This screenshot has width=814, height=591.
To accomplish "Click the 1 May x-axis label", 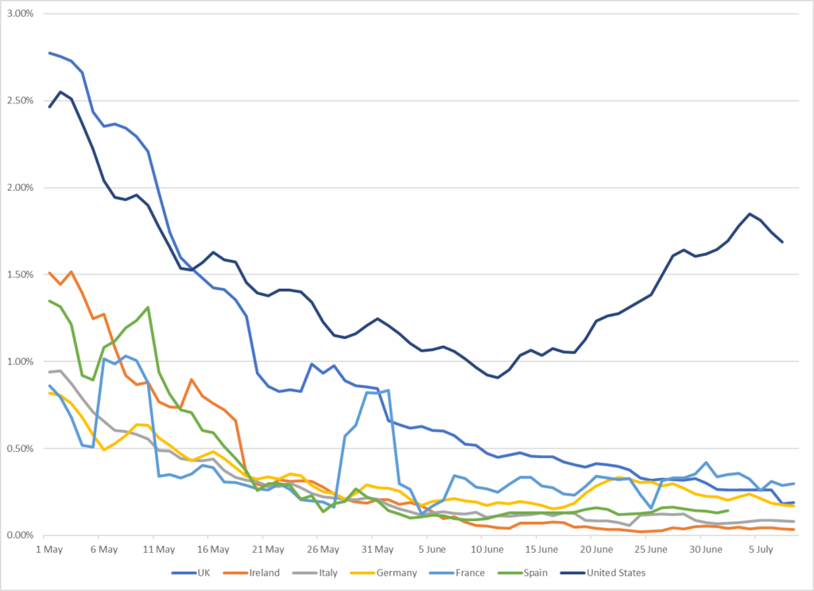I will [x=49, y=550].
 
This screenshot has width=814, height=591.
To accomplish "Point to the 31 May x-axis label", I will [x=378, y=550].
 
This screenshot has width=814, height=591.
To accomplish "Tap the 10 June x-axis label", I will [x=487, y=550].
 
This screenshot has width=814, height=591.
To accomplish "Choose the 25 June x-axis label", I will [x=651, y=550].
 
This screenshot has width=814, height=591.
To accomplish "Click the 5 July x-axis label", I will [x=761, y=550].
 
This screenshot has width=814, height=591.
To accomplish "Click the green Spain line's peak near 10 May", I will [x=148, y=307].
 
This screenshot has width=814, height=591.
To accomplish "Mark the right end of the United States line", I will [x=783, y=242].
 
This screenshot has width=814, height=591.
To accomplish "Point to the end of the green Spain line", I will [x=728, y=511].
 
